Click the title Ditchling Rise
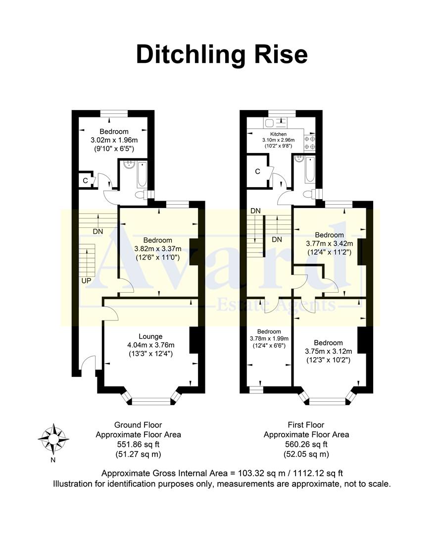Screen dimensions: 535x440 (221, 54)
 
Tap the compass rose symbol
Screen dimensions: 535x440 (53, 438)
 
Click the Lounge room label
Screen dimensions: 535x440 (150, 336)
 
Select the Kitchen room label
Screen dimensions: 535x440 (278, 134)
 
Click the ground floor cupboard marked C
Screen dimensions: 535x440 (85, 181)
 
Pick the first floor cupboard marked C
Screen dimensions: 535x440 (257, 171)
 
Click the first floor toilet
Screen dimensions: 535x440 (309, 195)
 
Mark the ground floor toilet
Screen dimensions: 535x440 (146, 195)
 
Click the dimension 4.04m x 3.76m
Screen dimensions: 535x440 (150, 345)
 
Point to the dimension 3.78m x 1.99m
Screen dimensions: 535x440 (269, 338)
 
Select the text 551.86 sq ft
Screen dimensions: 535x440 (138, 444)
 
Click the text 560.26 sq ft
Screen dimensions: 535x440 (306, 444)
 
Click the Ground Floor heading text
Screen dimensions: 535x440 (138, 425)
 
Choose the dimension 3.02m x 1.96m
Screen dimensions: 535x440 (114, 140)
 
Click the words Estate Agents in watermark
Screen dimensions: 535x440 (277, 305)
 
